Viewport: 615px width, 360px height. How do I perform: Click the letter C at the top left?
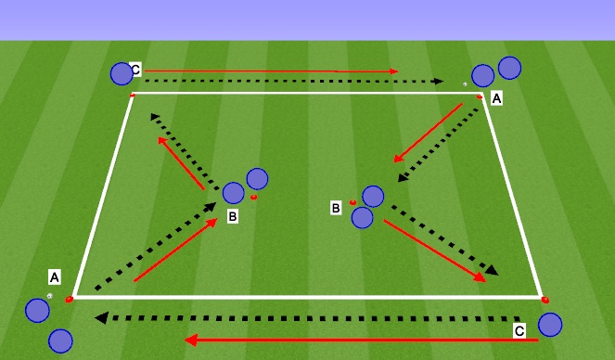point(135,70)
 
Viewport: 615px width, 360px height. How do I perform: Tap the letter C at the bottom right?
point(519,329)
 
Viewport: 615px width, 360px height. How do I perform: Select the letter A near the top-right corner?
point(496,97)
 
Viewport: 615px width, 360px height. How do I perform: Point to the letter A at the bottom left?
point(55,276)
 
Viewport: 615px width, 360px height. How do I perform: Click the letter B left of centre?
point(233,217)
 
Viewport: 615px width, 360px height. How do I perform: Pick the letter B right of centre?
point(337,208)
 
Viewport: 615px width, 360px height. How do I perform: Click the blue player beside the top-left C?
point(122,73)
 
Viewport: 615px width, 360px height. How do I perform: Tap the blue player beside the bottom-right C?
point(549,324)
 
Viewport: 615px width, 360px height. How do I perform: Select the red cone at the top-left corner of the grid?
point(132,95)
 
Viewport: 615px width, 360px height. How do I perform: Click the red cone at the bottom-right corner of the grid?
point(545,299)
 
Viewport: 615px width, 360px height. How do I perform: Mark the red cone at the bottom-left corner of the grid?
point(70,299)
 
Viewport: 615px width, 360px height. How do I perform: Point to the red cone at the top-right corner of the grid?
point(480,95)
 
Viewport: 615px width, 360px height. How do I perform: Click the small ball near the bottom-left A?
point(49,296)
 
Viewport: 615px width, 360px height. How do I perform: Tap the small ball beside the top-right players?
point(466,84)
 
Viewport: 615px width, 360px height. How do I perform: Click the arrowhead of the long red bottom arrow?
point(189,341)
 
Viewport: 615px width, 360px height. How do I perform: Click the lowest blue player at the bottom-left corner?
point(60,341)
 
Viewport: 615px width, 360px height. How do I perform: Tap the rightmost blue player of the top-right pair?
point(509,68)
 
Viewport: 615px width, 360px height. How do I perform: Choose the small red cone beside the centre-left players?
point(253,197)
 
